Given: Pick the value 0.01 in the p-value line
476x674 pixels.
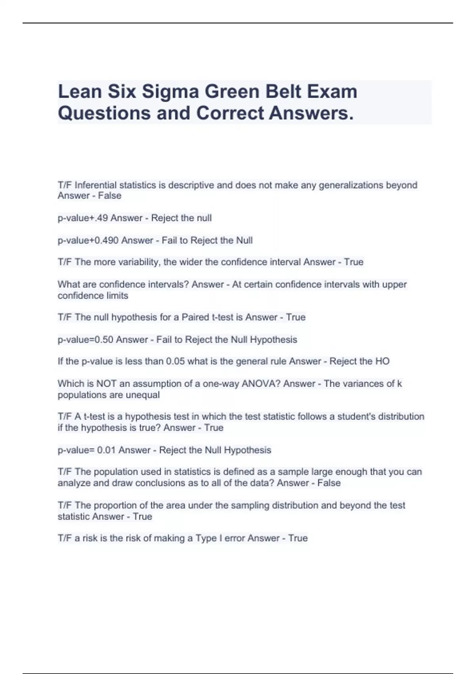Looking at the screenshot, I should point(106,450).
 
